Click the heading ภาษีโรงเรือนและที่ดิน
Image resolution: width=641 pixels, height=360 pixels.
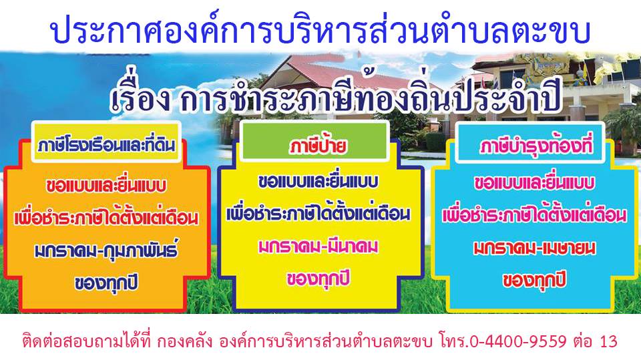(106, 145)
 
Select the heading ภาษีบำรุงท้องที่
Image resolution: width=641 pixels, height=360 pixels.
(536, 146)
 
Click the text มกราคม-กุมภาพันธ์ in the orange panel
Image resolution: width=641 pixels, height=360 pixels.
(107, 250)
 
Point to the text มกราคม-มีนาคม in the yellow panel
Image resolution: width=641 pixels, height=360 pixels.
(318, 246)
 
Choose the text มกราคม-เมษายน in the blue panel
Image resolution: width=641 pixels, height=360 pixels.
(534, 248)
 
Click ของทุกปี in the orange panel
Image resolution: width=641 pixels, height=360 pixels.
(106, 283)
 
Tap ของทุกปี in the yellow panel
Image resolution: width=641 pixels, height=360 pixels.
(318, 279)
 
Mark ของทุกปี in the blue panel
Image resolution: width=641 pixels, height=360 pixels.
(534, 281)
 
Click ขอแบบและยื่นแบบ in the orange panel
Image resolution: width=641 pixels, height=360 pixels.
(106, 185)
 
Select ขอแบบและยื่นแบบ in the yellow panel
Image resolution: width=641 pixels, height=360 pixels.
(318, 182)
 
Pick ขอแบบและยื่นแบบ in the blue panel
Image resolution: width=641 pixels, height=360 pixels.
(534, 183)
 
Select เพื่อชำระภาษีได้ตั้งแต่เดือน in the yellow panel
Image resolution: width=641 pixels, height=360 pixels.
(318, 214)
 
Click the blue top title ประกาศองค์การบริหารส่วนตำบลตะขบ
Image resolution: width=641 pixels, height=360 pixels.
(320, 31)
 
